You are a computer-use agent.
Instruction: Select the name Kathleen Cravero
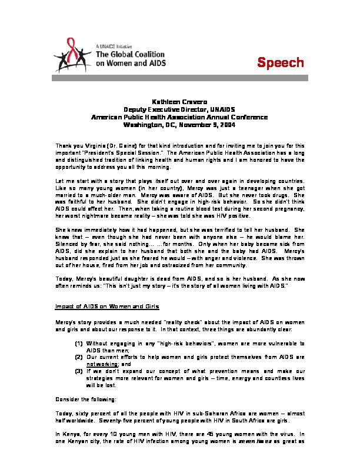click(x=179, y=102)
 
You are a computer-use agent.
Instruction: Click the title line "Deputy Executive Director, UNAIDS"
click(x=179, y=109)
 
